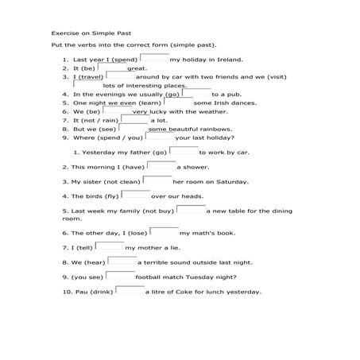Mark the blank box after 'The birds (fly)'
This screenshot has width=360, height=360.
coord(135,194)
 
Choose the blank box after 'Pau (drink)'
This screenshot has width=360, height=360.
coord(130,290)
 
